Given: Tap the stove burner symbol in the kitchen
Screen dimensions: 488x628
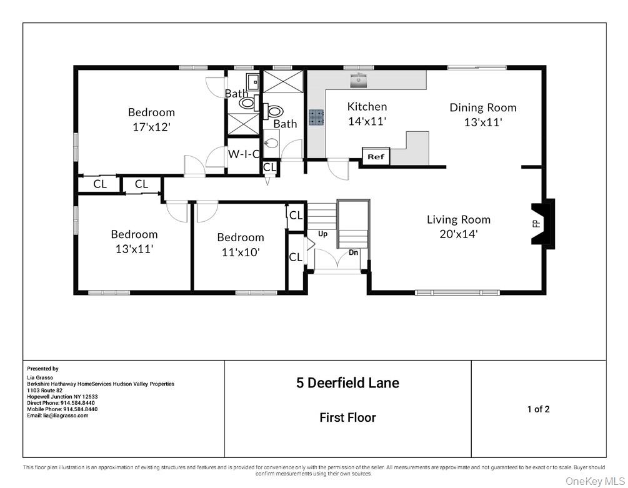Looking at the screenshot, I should click(316, 117).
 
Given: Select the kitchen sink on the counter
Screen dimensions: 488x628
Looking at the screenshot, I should click(359, 79).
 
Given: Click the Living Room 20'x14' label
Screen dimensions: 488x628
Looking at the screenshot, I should click(459, 227).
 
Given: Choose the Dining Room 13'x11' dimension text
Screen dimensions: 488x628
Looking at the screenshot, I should click(483, 122).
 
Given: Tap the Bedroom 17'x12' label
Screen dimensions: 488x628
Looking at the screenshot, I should click(151, 119).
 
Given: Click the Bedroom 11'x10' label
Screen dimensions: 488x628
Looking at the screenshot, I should click(241, 244).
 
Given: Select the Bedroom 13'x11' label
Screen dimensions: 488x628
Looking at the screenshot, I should click(134, 241).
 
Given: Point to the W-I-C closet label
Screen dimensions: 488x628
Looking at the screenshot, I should click(243, 154).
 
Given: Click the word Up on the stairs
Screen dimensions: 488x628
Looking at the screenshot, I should click(323, 234).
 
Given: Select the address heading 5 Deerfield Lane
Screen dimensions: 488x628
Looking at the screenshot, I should click(347, 383).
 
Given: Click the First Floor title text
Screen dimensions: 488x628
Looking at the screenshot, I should click(347, 417).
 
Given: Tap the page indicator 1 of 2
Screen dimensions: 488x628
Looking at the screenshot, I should click(538, 409).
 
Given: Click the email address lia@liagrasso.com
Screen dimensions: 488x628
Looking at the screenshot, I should click(57, 416).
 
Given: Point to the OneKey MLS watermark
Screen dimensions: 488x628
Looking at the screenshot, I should click(595, 481).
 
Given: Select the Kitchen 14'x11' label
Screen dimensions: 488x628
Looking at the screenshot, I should click(367, 114).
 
